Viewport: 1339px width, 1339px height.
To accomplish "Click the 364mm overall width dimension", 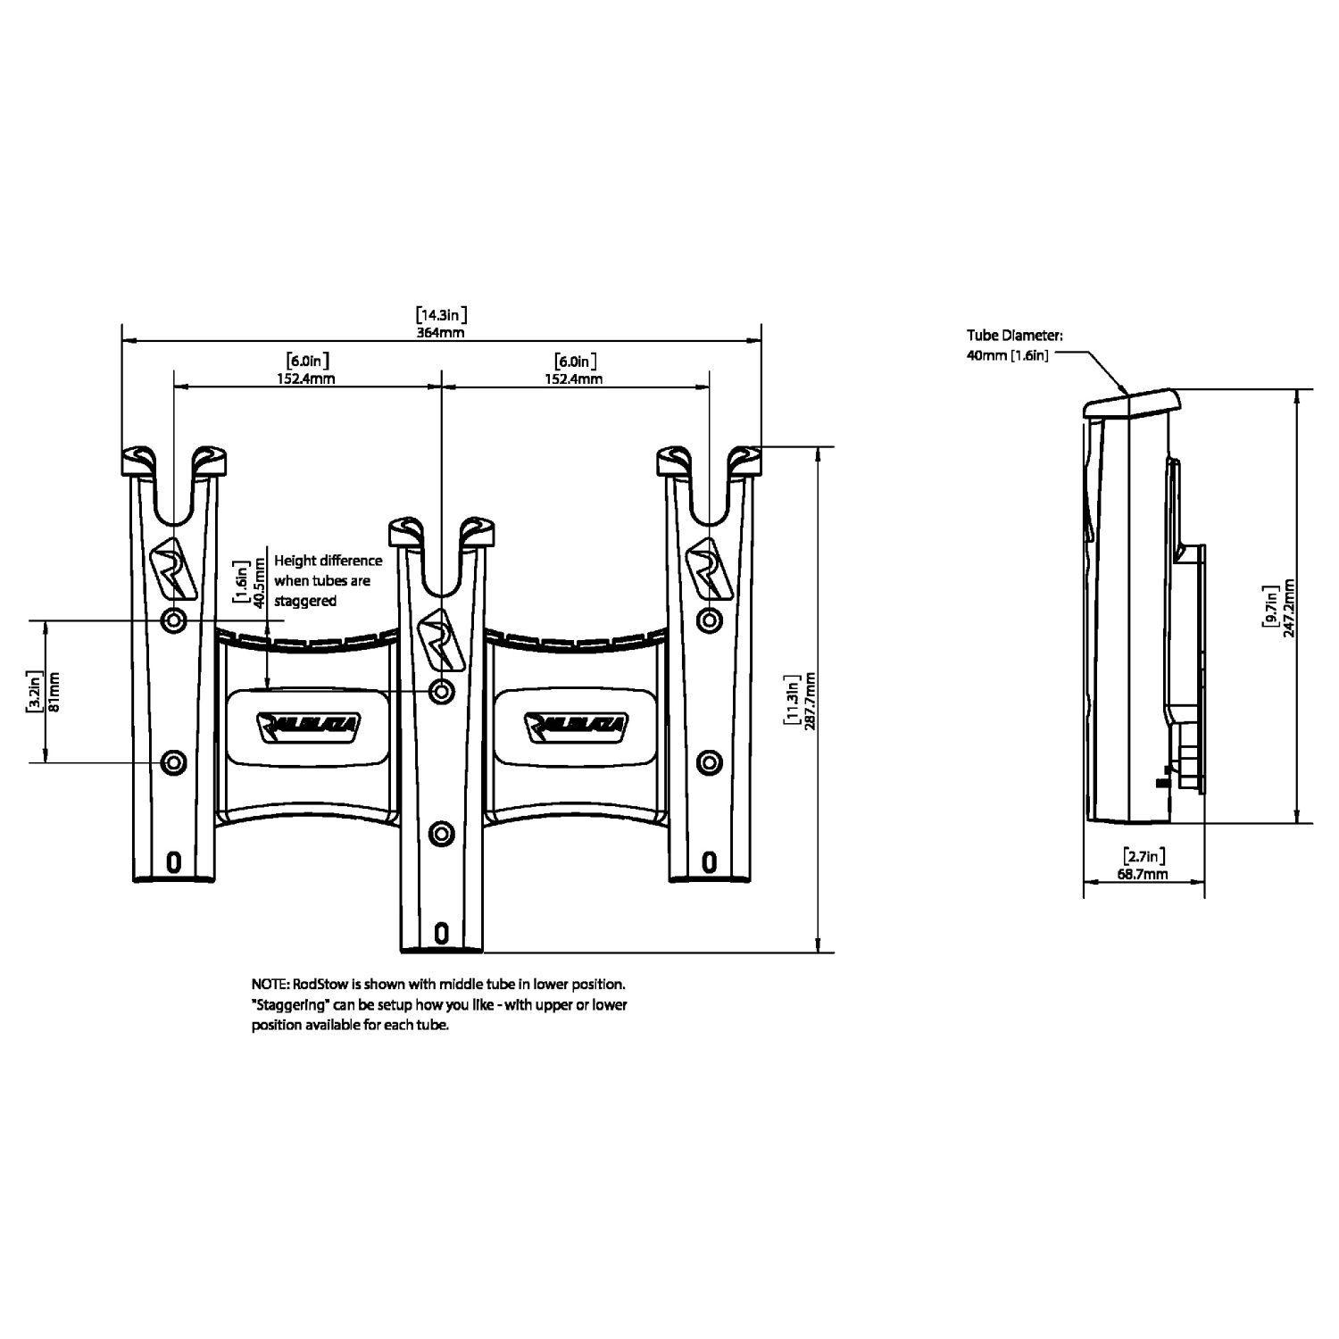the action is coord(442,332).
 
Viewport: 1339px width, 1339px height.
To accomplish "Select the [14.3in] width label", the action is coord(442,314).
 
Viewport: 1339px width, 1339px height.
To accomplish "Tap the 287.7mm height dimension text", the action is coord(811,701).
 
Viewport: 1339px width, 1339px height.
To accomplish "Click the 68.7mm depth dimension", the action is coord(1143,875).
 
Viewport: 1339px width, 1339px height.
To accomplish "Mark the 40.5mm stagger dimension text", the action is coord(259,582).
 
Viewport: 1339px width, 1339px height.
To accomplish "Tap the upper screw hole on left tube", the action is coord(173,619).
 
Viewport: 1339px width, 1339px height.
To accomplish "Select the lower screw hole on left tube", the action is coord(173,762).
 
